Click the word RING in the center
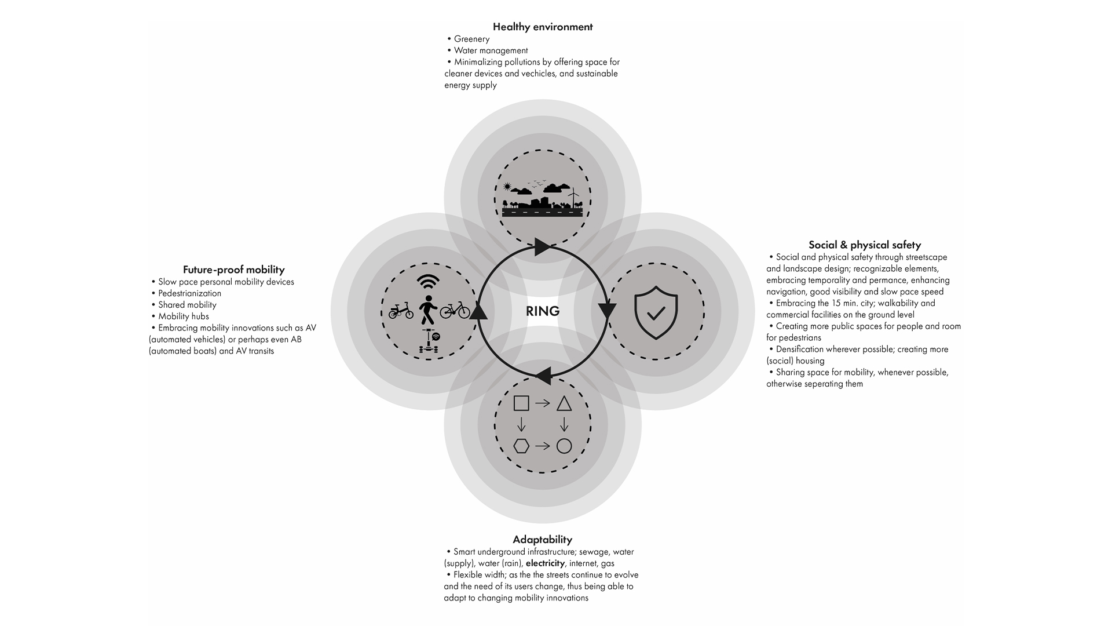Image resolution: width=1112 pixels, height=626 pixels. (543, 311)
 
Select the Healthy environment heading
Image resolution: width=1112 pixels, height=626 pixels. (543, 27)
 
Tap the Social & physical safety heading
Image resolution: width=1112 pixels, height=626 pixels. (864, 245)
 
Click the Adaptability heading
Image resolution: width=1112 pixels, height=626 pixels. (543, 540)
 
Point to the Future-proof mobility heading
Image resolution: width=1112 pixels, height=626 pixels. (233, 270)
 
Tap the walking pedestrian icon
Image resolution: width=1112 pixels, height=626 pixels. (427, 310)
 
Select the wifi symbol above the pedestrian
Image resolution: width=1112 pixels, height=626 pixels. (427, 282)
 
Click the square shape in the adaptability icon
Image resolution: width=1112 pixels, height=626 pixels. (521, 403)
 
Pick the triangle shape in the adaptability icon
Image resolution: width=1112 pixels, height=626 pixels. (564, 404)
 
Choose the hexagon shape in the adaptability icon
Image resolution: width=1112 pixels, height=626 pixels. (521, 446)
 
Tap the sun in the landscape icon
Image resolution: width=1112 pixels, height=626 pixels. (508, 187)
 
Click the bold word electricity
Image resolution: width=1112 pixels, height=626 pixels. (545, 563)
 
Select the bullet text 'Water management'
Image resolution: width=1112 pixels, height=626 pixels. (491, 50)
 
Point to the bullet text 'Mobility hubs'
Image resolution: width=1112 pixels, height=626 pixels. (183, 316)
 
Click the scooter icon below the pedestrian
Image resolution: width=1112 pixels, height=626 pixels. (429, 341)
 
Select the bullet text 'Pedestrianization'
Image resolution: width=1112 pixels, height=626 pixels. (189, 293)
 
